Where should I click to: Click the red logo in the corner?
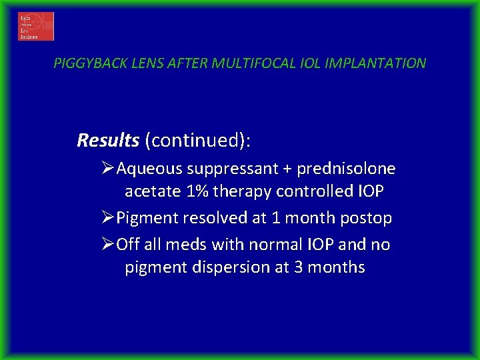[36, 27]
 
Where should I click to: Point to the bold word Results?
[108, 141]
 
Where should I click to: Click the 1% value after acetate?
[199, 192]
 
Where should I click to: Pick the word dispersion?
[221, 268]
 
